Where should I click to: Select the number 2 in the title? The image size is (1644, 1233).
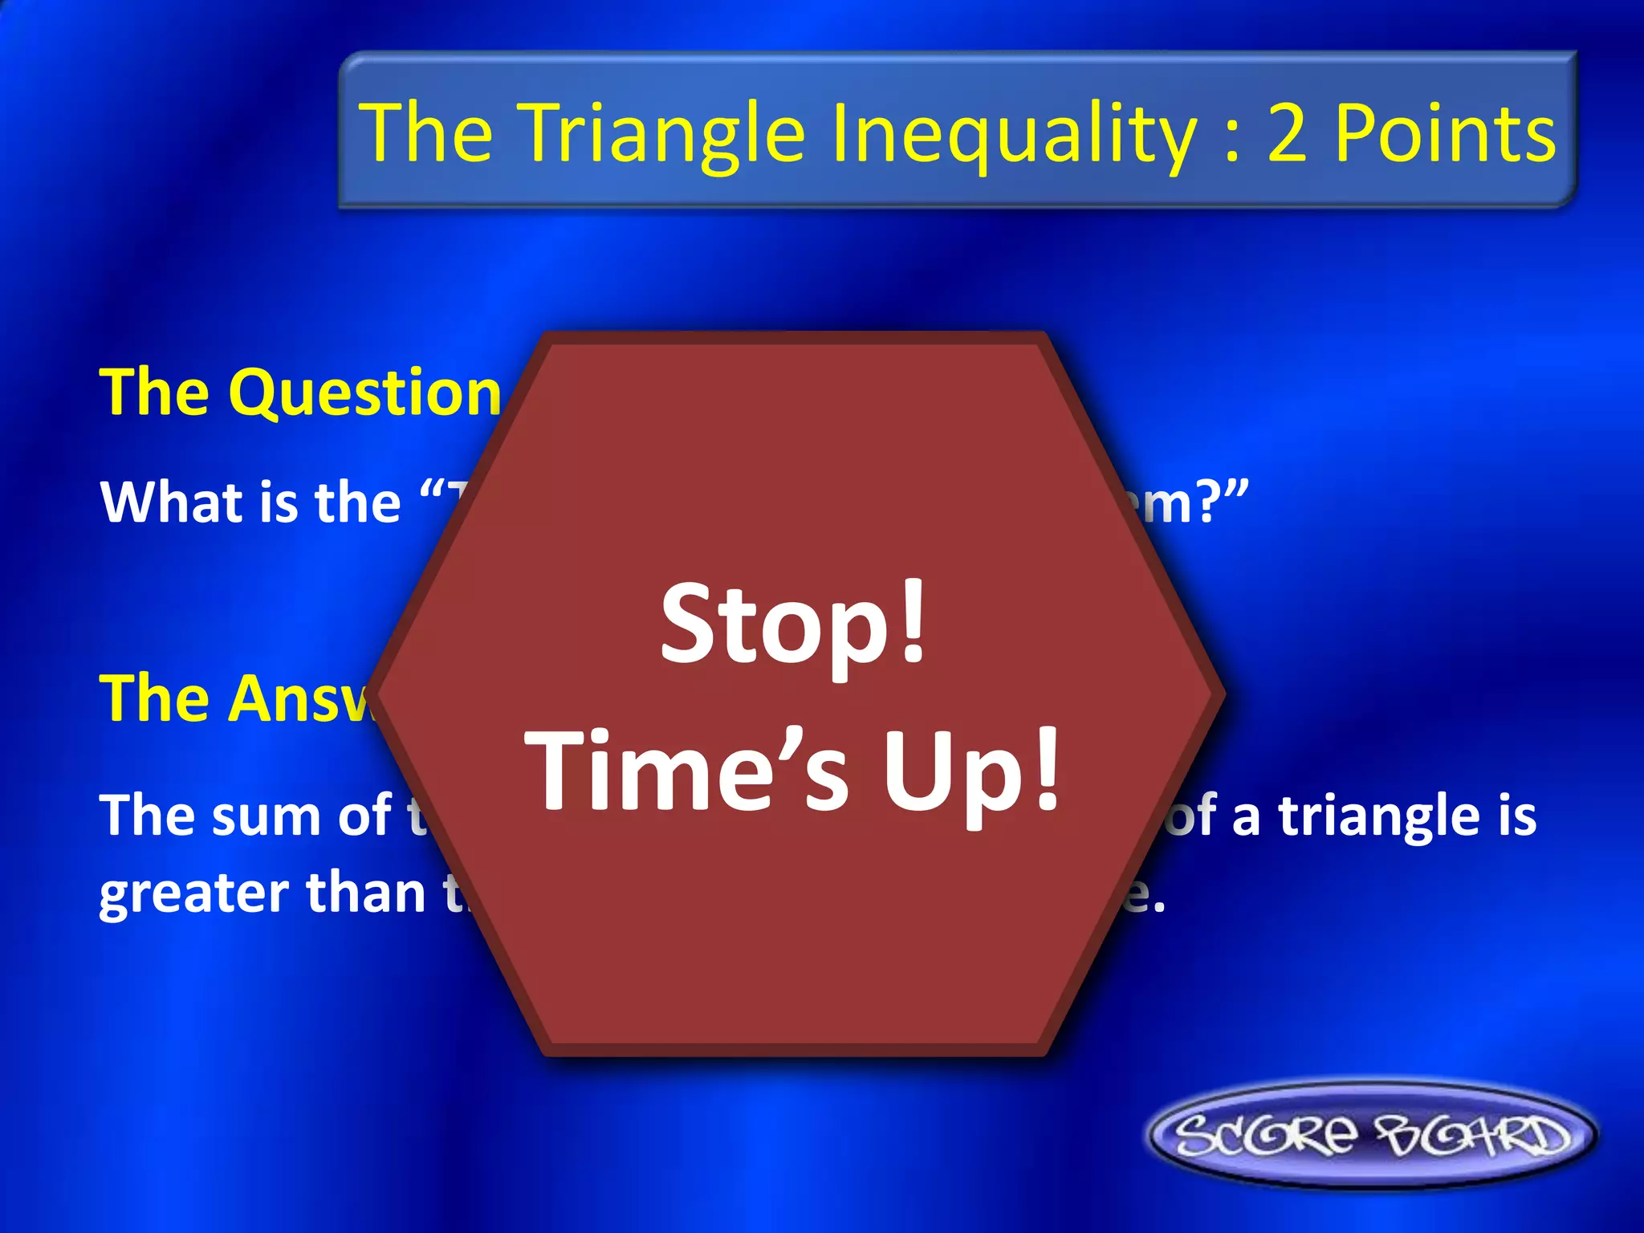pyautogui.click(x=1288, y=133)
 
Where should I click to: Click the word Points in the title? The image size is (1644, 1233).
pyautogui.click(x=1445, y=133)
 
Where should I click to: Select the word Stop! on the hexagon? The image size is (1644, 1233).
pyautogui.click(x=793, y=625)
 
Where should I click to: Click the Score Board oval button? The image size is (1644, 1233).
pyautogui.click(x=1371, y=1135)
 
